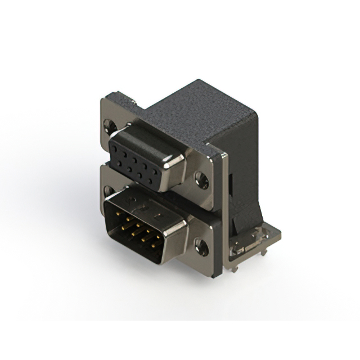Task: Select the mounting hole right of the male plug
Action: [x=200, y=245]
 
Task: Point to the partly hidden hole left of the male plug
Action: [x=107, y=190]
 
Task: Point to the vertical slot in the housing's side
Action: [x=231, y=183]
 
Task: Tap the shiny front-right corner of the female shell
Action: [x=179, y=166]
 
